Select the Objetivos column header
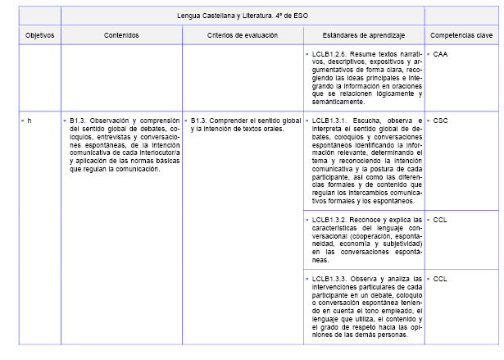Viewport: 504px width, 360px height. tap(39, 35)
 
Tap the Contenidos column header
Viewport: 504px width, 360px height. tap(121, 35)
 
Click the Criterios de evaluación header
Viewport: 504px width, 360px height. tap(242, 35)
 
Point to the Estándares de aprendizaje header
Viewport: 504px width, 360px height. tap(362, 35)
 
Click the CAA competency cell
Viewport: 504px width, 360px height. tap(441, 53)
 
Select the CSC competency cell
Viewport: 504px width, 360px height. tap(441, 120)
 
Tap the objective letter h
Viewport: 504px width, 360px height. tap(30, 120)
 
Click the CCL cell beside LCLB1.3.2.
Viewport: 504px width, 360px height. tap(440, 220)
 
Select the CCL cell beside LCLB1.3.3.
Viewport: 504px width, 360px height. tap(440, 279)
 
